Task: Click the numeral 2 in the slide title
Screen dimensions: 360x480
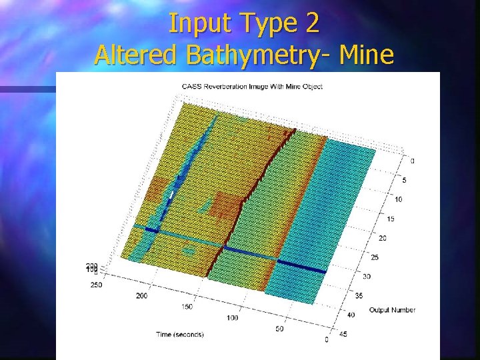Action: tap(311, 23)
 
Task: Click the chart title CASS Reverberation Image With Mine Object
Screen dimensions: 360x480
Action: tap(252, 87)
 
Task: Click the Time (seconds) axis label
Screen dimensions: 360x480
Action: tap(181, 333)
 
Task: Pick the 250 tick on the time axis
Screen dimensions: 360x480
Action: tap(97, 285)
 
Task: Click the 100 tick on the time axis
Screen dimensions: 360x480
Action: tap(233, 318)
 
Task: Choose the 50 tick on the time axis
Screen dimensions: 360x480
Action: tap(280, 329)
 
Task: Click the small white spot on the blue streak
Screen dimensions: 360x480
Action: tap(171, 195)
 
